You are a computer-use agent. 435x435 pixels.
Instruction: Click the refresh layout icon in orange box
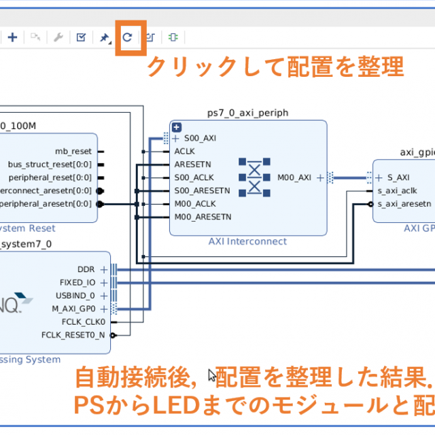pyautogui.click(x=127, y=37)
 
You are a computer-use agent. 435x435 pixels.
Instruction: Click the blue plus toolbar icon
pyautogui.click(x=12, y=37)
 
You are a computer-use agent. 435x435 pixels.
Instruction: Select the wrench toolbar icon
pyautogui.click(x=58, y=37)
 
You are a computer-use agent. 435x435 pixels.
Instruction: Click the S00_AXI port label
pyautogui.click(x=200, y=138)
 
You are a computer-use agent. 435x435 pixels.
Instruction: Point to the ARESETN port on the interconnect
pyautogui.click(x=192, y=164)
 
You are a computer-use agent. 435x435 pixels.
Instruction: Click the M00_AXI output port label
pyautogui.click(x=294, y=177)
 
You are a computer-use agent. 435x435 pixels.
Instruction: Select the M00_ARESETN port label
pyautogui.click(x=203, y=217)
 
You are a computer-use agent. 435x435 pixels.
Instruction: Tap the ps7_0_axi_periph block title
pyautogui.click(x=247, y=112)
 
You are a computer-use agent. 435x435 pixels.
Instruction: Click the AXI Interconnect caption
pyautogui.click(x=247, y=241)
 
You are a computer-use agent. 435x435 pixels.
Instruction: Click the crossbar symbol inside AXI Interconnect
pyautogui.click(x=254, y=177)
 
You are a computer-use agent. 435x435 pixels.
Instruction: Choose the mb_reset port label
pyautogui.click(x=73, y=151)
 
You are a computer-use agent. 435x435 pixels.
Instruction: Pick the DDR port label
pyautogui.click(x=86, y=269)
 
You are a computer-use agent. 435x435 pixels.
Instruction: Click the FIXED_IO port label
pyautogui.click(x=77, y=282)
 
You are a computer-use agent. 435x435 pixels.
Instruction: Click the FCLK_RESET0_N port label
pyautogui.click(x=73, y=335)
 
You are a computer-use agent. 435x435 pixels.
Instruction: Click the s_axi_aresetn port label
pyautogui.click(x=404, y=203)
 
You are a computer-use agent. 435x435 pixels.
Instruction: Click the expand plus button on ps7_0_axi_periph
pyautogui.click(x=177, y=127)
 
